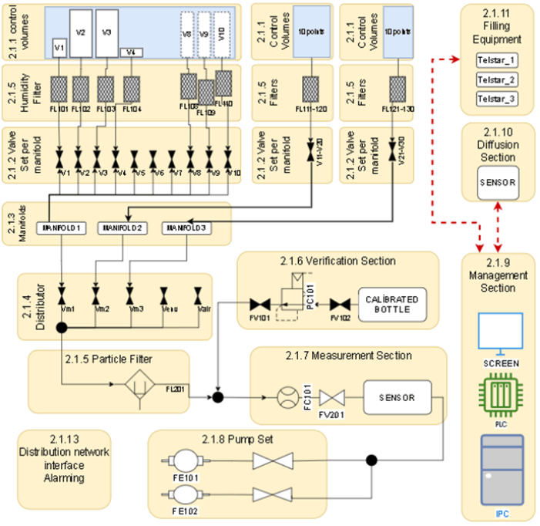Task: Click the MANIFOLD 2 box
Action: pos(122,228)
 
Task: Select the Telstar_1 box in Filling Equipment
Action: pos(496,60)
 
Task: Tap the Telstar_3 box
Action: pos(496,99)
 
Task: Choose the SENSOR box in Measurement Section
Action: pos(397,398)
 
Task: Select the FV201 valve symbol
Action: pos(332,399)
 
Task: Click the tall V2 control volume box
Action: pos(81,32)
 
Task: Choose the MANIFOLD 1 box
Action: pos(62,228)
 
